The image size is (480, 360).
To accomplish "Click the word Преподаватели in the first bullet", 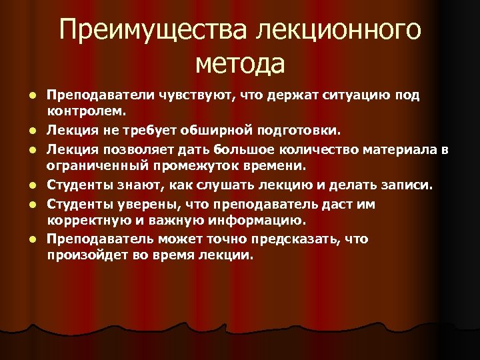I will (x=99, y=95).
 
